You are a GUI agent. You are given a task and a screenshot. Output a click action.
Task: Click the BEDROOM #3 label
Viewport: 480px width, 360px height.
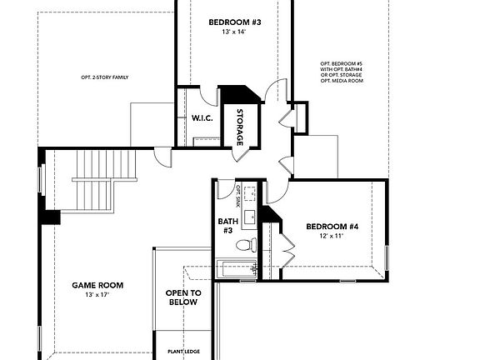pyautogui.click(x=232, y=22)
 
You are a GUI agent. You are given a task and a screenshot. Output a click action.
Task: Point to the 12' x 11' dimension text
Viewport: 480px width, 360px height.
pyautogui.click(x=331, y=237)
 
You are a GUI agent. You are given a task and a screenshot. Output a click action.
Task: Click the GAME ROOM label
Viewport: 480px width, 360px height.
pyautogui.click(x=97, y=285)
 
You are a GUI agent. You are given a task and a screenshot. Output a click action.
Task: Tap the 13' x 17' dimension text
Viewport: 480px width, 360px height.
pyautogui.click(x=97, y=295)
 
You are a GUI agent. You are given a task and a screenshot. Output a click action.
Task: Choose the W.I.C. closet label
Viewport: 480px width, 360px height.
pyautogui.click(x=202, y=118)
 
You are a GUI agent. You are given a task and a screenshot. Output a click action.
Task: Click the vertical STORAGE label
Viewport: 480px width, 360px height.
pyautogui.click(x=241, y=127)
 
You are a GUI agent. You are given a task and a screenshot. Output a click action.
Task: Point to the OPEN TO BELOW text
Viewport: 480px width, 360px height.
pyautogui.click(x=182, y=297)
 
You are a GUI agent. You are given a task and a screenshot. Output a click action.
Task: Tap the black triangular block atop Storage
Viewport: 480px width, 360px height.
pyautogui.click(x=242, y=94)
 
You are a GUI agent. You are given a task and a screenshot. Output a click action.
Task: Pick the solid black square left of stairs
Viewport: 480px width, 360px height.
pyautogui.click(x=52, y=218)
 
